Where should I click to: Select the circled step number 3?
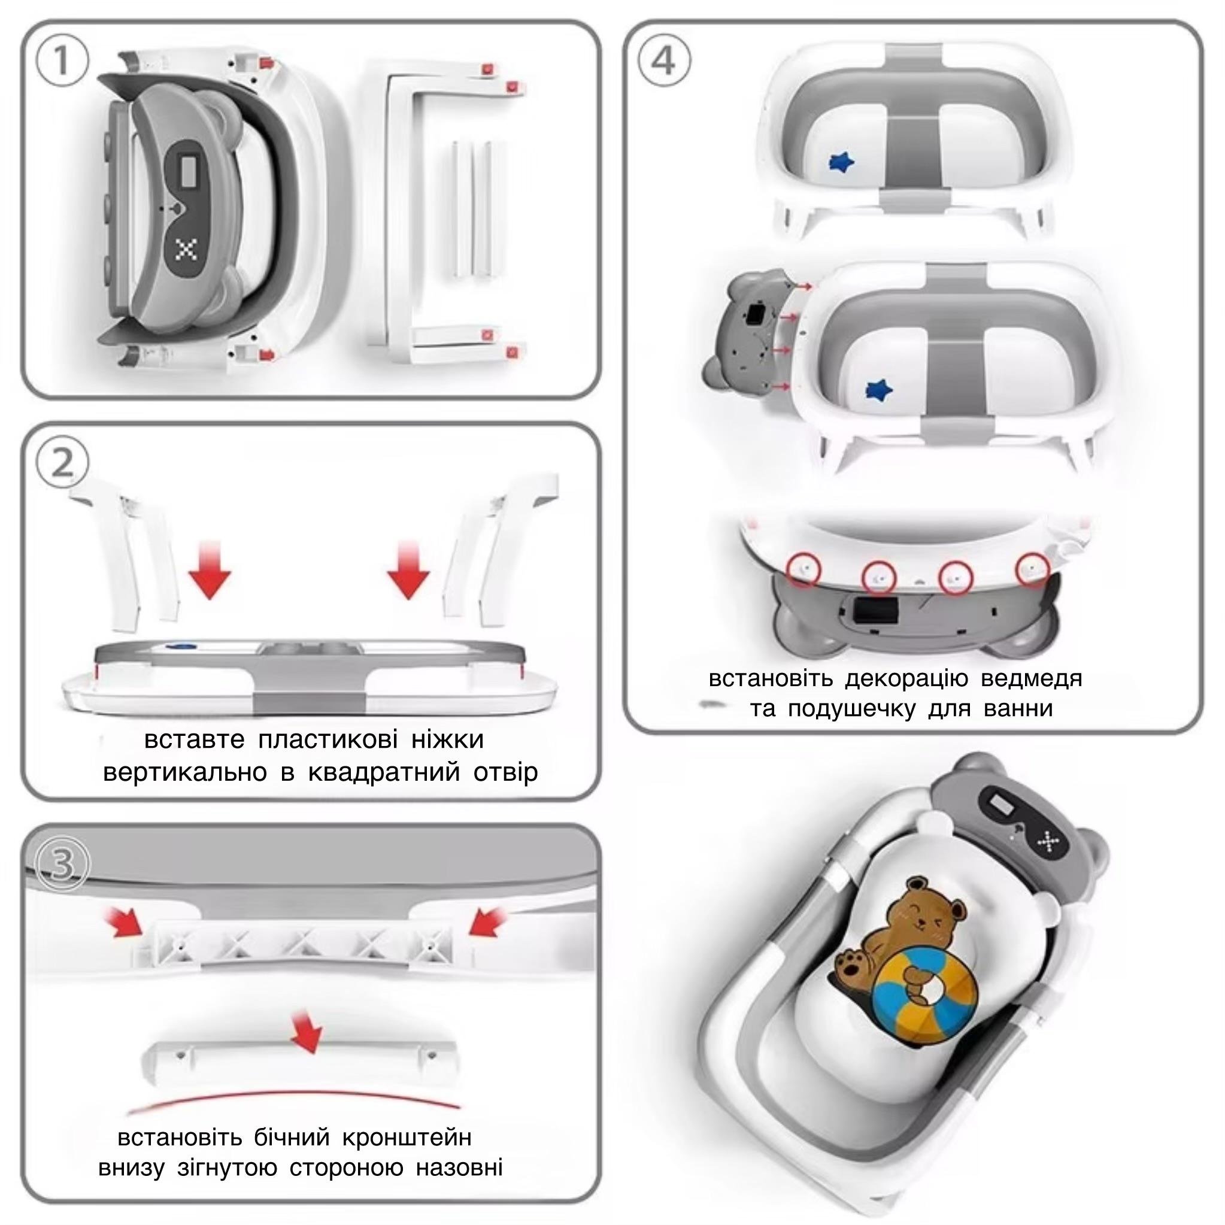pos(62,864)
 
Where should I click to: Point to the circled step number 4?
pos(664,62)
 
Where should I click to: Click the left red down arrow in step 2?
pos(210,569)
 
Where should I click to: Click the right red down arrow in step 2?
pos(408,569)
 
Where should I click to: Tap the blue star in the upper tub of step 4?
pos(841,162)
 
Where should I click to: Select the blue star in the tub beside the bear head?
pos(879,389)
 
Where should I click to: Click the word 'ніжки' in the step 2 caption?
pos(447,739)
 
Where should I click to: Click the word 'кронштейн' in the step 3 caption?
pos(407,1138)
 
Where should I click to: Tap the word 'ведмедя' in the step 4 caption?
pos(1031,678)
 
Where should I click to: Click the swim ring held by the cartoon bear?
pos(925,1007)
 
